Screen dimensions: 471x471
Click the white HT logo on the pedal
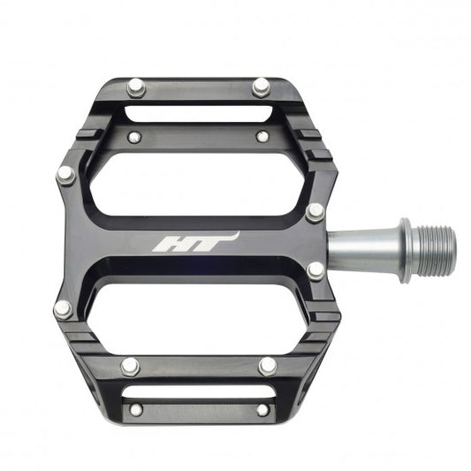click(x=194, y=242)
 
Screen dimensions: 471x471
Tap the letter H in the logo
click(x=171, y=243)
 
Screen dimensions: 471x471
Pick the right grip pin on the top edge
click(x=261, y=87)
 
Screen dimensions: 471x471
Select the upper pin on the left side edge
click(x=65, y=175)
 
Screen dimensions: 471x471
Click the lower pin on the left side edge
click(x=64, y=309)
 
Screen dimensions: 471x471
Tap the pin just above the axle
click(x=315, y=212)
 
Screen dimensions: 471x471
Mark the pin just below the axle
click(x=315, y=270)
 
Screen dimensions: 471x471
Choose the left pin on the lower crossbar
click(x=131, y=366)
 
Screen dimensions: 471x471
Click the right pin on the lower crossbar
click(x=267, y=366)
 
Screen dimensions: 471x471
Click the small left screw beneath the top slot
click(x=133, y=137)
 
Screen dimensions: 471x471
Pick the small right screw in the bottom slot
click(x=262, y=409)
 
